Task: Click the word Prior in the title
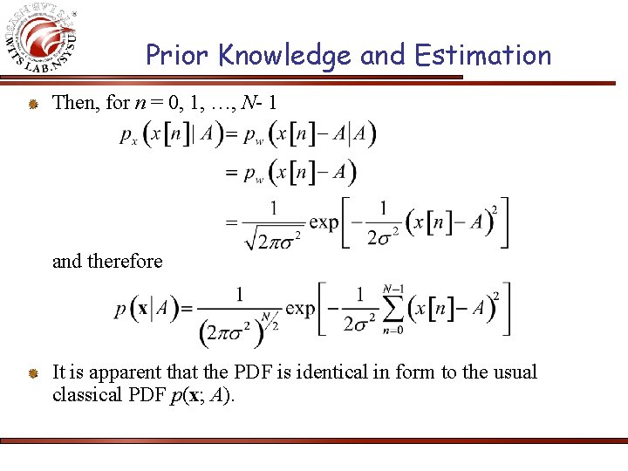179,55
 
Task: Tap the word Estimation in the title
483,55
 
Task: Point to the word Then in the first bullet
76,103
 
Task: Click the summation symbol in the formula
394,309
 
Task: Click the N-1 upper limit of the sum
394,289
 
